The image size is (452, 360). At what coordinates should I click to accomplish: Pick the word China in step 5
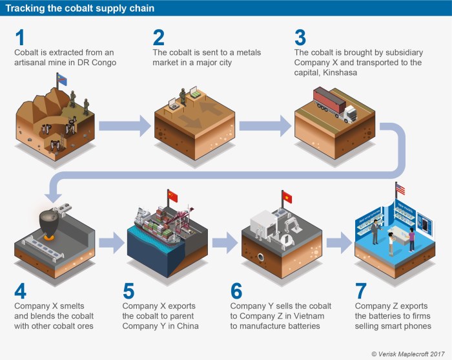click(187, 326)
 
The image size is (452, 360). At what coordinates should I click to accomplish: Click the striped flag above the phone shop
click(400, 189)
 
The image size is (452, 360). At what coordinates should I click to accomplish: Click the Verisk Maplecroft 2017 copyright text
click(408, 353)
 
